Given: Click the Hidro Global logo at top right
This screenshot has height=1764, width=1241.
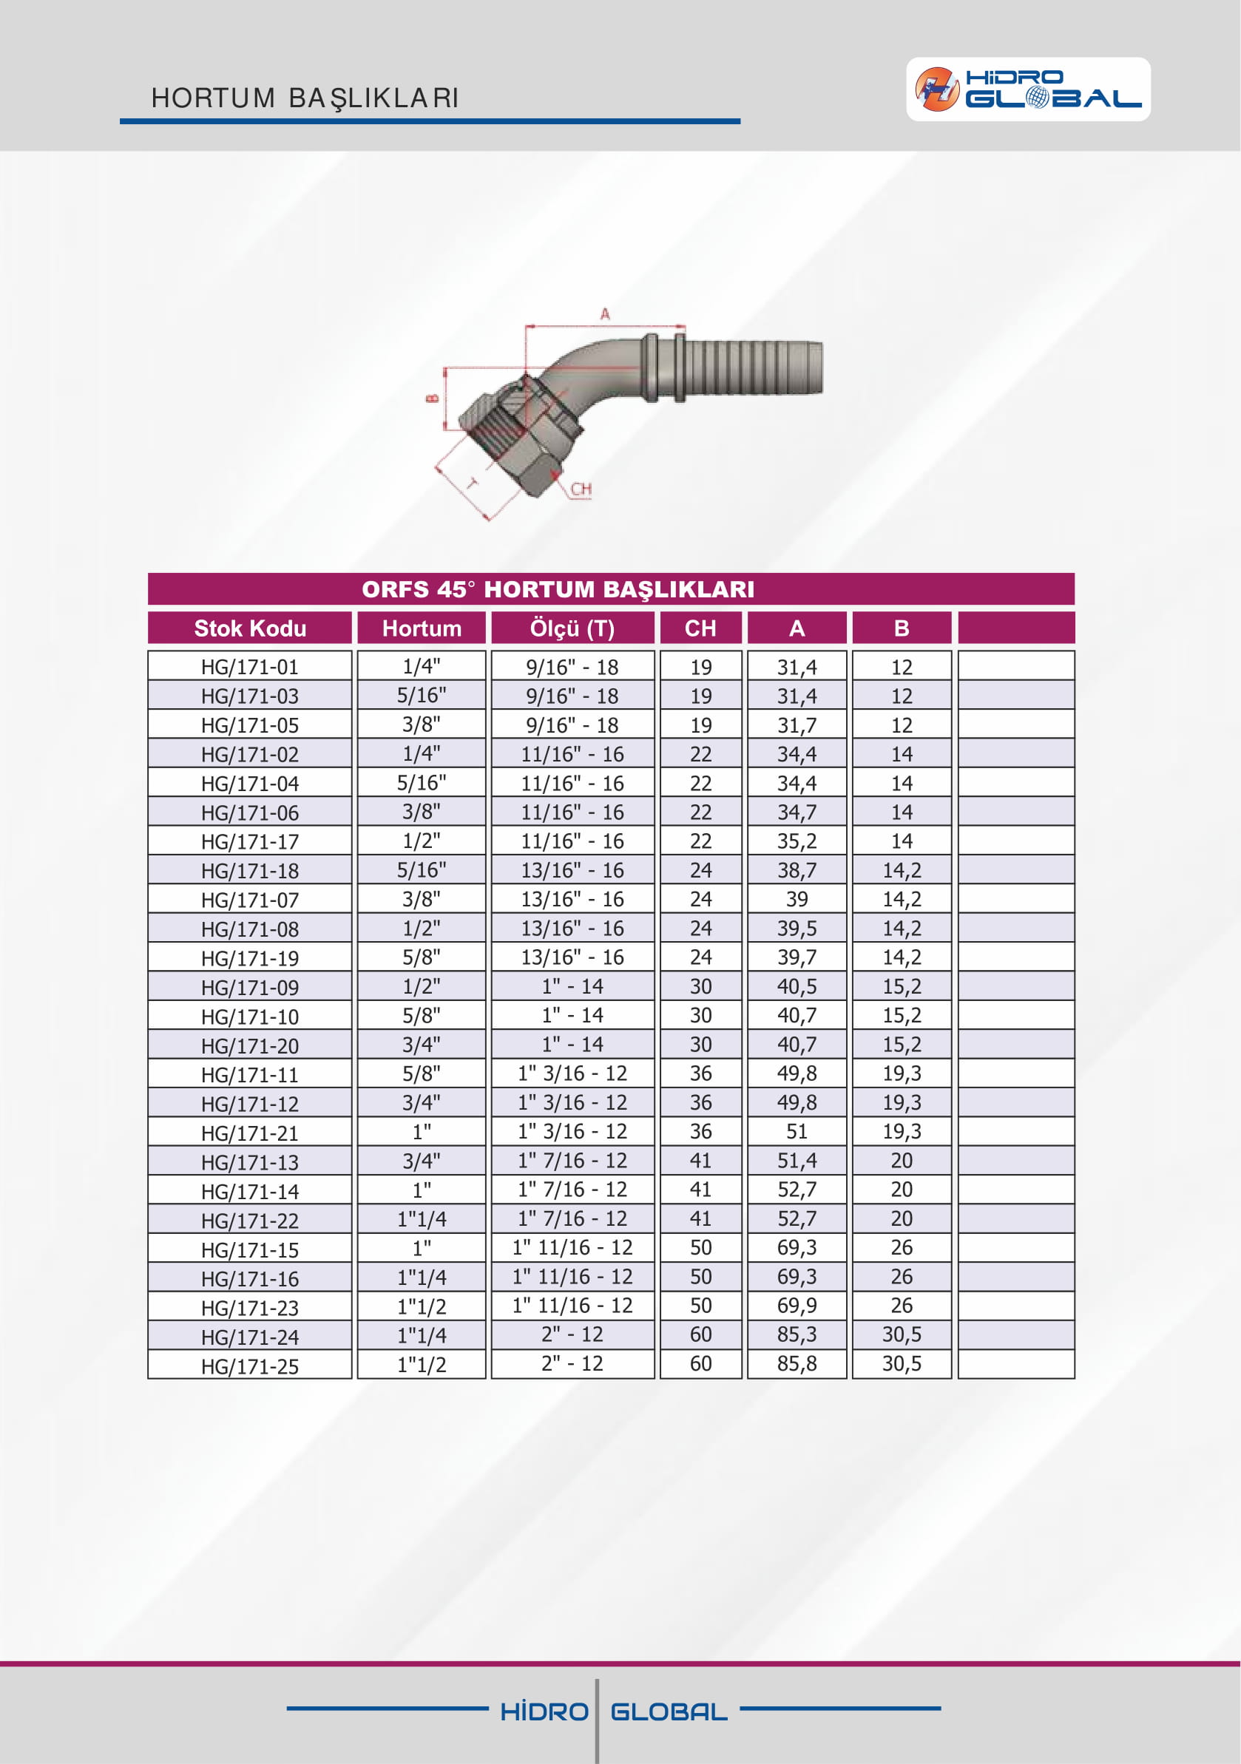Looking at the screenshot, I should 1027,89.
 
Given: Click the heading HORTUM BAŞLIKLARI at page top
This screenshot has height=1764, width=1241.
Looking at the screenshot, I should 305,98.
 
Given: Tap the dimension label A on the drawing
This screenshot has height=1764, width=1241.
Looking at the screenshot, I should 605,313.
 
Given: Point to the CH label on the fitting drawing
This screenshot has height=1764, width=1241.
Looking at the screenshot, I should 581,489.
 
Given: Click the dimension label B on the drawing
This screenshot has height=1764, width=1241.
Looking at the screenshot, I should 432,398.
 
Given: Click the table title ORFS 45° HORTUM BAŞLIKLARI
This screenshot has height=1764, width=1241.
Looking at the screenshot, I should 558,589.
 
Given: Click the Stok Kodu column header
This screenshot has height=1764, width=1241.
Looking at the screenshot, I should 250,628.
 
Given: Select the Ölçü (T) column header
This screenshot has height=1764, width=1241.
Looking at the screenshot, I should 572,628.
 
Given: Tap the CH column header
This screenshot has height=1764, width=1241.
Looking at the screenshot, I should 700,628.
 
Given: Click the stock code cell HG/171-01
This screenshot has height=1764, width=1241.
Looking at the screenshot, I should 250,666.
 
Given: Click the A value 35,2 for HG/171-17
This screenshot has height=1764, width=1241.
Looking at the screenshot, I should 796,841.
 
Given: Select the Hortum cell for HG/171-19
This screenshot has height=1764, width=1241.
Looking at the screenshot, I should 421,957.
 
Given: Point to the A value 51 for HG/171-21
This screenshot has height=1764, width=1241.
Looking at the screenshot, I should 796,1132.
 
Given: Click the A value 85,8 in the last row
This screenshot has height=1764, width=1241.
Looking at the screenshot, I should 796,1365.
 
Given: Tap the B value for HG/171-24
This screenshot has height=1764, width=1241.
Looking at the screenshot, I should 902,1335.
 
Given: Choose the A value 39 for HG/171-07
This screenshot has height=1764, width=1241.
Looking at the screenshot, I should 796,899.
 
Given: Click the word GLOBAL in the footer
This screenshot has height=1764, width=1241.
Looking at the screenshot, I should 669,1712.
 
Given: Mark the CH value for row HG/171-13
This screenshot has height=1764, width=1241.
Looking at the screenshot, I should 700,1161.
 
